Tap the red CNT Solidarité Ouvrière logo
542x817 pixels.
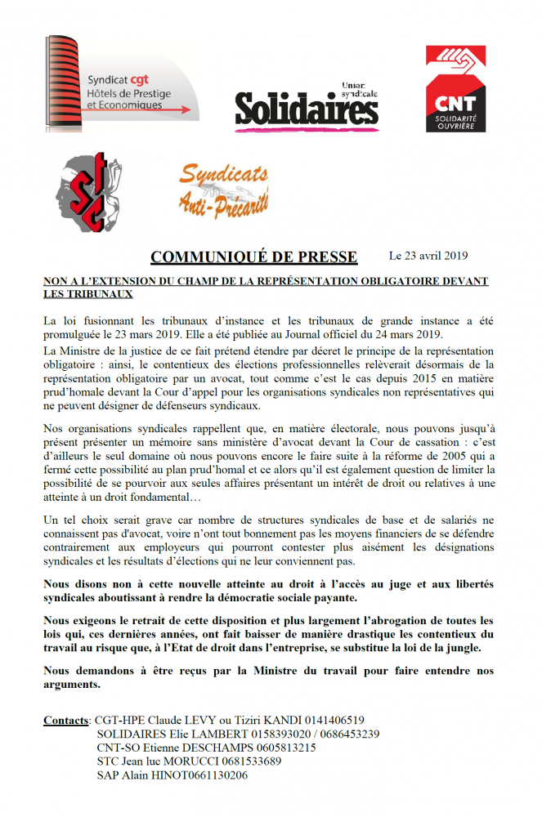click(455, 88)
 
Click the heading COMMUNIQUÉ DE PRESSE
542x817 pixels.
click(253, 257)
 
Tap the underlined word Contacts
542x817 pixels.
click(65, 721)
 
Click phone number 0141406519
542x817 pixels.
click(334, 721)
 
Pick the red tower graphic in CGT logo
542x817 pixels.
click(65, 82)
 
